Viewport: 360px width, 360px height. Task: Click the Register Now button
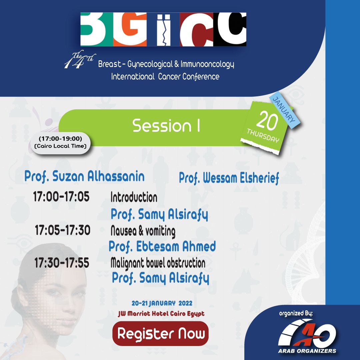(x=161, y=333)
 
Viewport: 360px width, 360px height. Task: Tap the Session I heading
(x=166, y=126)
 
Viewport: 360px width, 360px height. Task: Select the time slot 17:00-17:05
(x=61, y=197)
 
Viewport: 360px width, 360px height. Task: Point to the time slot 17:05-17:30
(x=63, y=230)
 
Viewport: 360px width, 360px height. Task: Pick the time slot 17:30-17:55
(x=62, y=263)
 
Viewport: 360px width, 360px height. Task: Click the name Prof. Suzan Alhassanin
(x=84, y=177)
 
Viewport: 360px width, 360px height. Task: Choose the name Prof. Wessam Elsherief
(x=229, y=178)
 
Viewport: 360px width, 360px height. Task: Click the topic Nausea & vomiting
(x=143, y=231)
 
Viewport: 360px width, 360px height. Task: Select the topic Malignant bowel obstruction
(x=158, y=263)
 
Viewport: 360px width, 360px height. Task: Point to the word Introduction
(x=134, y=197)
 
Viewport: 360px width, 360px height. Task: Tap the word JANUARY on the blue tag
(x=284, y=110)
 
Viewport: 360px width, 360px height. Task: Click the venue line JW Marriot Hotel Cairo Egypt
(x=161, y=314)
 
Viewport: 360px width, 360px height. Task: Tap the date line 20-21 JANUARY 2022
(x=162, y=304)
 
